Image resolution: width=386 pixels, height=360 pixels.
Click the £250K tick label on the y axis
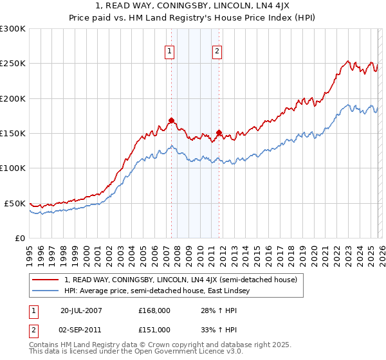pyautogui.click(x=13, y=64)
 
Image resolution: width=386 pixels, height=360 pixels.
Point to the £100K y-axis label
pyautogui.click(x=13, y=168)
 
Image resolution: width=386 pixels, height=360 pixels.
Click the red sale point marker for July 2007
pyautogui.click(x=172, y=120)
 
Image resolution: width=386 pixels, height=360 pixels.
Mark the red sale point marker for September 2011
pyautogui.click(x=219, y=133)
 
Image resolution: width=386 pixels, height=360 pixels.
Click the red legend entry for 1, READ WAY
pyautogui.click(x=180, y=280)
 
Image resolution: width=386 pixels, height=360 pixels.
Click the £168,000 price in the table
pyautogui.click(x=154, y=311)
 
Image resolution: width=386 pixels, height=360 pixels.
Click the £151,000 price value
pyautogui.click(x=154, y=329)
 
